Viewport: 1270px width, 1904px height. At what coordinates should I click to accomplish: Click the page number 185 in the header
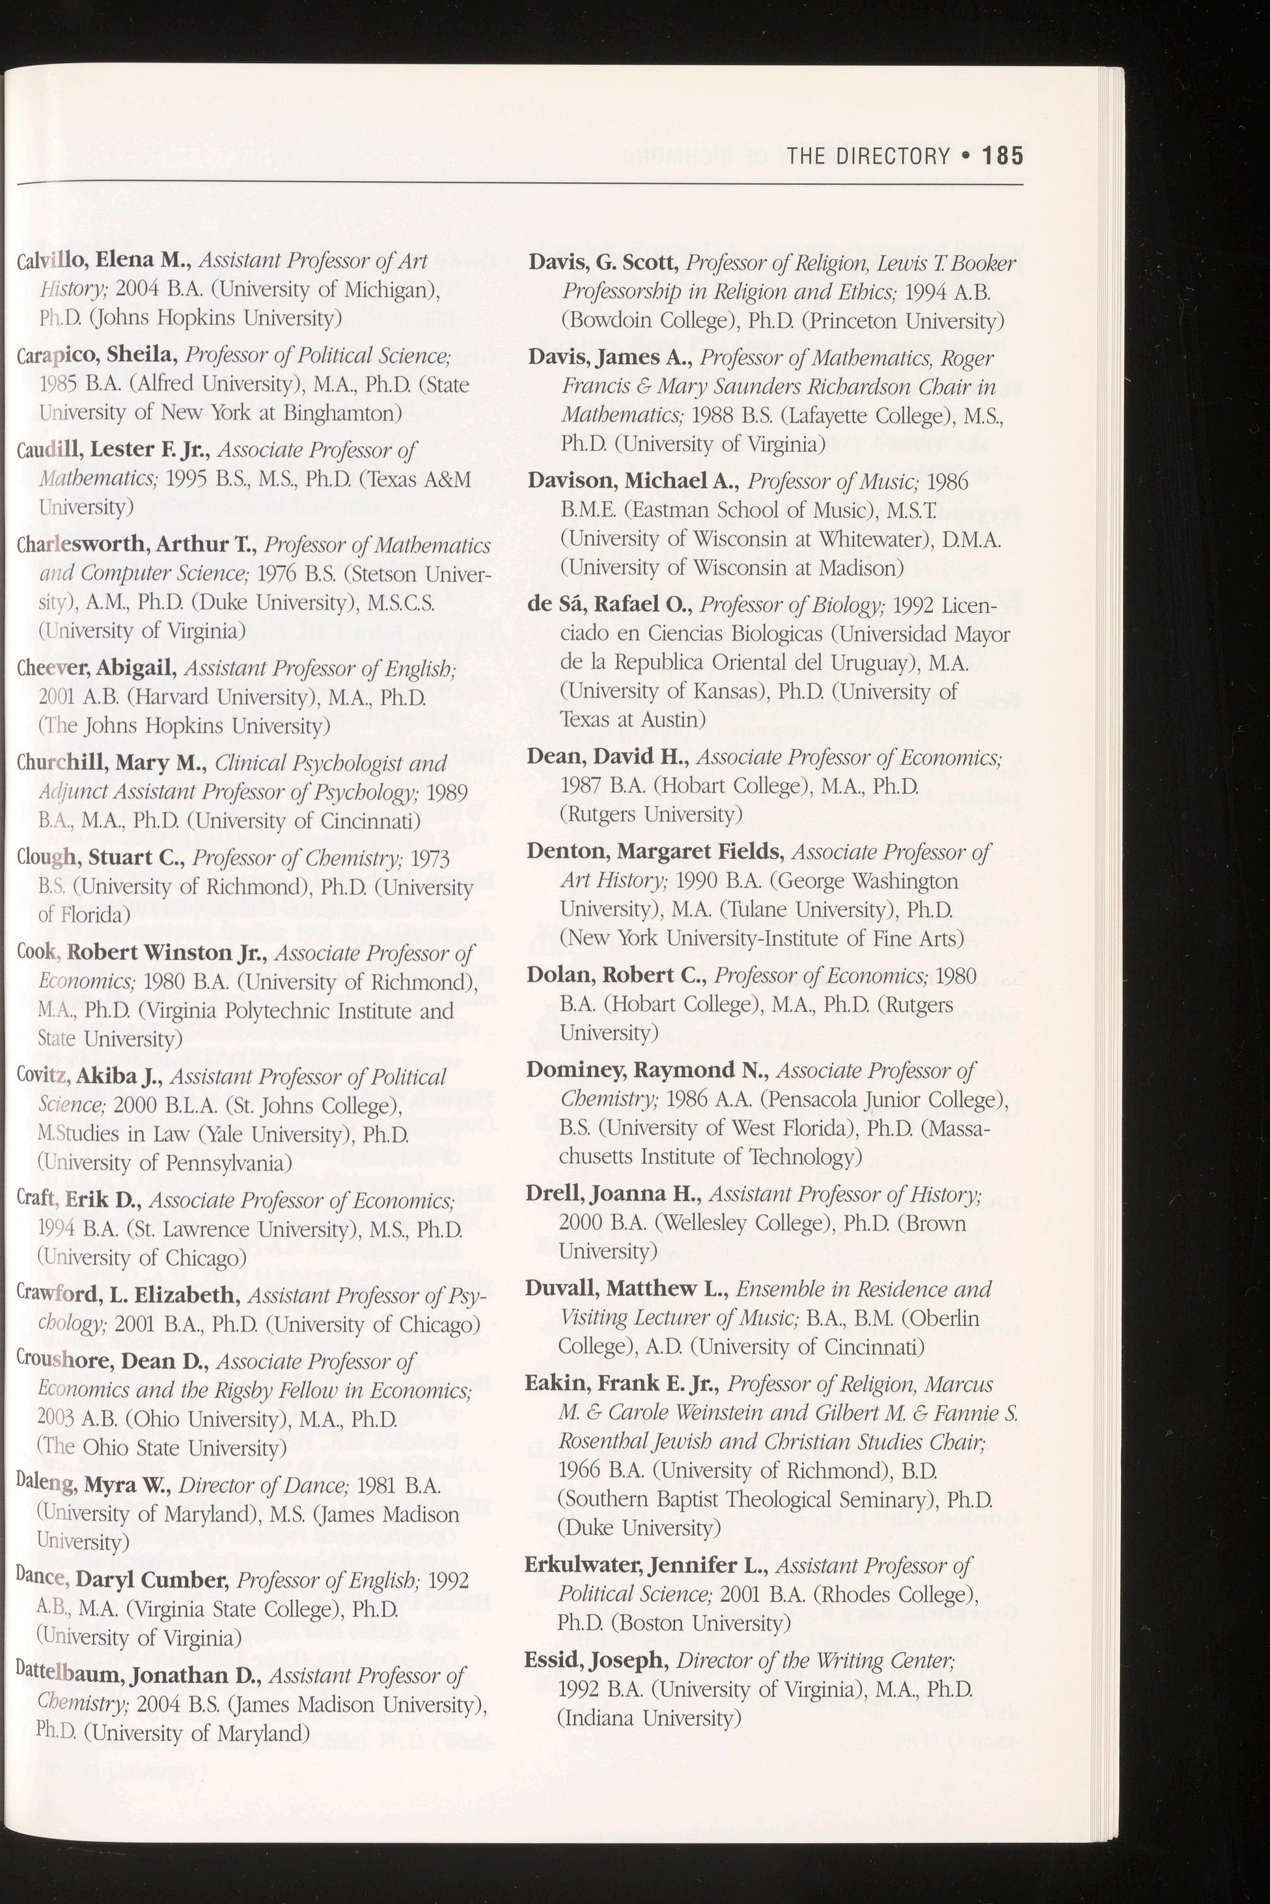coord(1002,156)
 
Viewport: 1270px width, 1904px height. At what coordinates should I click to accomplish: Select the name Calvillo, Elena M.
coord(103,261)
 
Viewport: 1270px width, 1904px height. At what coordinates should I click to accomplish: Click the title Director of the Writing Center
coord(816,1661)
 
